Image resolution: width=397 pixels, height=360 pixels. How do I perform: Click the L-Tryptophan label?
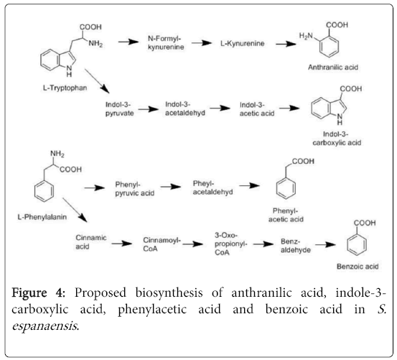[65, 88]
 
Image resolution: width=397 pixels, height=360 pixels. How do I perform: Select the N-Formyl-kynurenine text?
[166, 43]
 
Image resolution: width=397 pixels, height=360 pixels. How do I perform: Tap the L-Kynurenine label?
[243, 44]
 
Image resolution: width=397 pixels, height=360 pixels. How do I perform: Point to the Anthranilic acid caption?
[333, 68]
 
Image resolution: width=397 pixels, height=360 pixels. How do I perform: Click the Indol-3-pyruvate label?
[119, 109]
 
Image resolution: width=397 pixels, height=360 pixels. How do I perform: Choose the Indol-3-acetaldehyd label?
[185, 109]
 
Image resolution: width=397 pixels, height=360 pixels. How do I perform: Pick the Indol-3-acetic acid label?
[257, 109]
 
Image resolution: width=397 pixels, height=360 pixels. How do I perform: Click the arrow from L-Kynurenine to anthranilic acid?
[286, 44]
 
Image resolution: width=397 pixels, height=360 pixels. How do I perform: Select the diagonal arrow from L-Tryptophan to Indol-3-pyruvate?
[97, 80]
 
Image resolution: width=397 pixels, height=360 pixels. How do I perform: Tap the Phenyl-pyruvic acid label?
[135, 189]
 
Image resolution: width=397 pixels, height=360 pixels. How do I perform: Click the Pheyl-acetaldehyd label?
[212, 188]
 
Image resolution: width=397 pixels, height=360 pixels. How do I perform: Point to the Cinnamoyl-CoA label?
[162, 244]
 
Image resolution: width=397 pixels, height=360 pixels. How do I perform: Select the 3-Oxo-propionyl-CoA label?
[230, 244]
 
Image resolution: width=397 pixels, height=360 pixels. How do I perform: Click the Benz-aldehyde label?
[296, 246]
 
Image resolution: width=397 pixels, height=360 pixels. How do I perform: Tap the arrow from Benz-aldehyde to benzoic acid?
[325, 245]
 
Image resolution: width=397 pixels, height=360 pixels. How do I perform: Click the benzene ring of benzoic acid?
[357, 245]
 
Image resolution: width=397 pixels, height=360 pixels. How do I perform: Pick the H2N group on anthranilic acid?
[306, 36]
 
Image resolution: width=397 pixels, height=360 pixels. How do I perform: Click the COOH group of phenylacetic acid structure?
[303, 162]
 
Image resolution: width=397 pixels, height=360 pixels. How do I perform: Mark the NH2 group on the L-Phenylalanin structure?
[57, 154]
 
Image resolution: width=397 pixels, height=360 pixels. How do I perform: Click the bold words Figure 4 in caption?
[39, 293]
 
